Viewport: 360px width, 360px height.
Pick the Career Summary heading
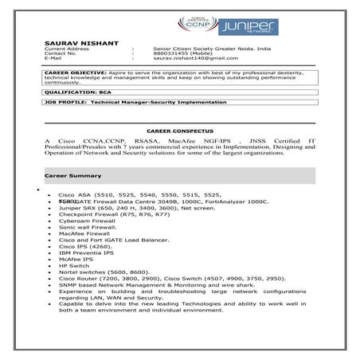click(x=71, y=173)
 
